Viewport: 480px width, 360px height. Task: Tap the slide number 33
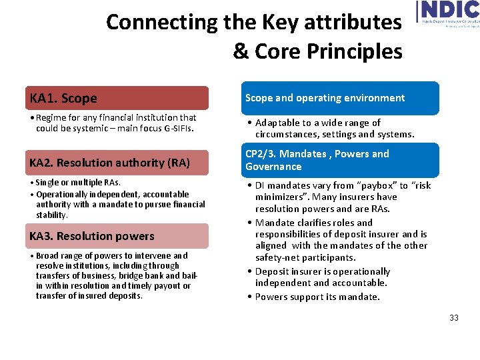[x=454, y=318]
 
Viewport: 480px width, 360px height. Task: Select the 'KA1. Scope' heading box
[x=117, y=98]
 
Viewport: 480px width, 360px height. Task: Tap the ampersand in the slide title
[x=241, y=51]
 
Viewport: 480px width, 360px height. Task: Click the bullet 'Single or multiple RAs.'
[x=78, y=183]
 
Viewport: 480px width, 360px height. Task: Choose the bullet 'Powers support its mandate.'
[x=317, y=297]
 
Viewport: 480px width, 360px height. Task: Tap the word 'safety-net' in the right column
[x=279, y=257]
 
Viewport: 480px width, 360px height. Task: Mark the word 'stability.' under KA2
[x=52, y=215]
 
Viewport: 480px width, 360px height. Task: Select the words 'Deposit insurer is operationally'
[x=323, y=271]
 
